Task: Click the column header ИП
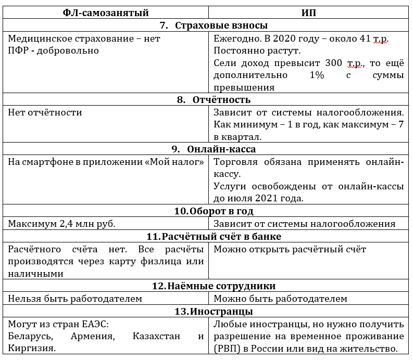[x=309, y=12]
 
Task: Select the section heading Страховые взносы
[x=215, y=25]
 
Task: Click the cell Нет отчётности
[x=45, y=112]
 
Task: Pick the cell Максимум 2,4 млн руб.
[x=62, y=224]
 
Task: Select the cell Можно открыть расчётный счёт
[x=290, y=249]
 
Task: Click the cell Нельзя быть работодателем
[x=75, y=299]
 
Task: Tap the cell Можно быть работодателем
[x=280, y=299]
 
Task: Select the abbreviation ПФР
[x=18, y=50]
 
